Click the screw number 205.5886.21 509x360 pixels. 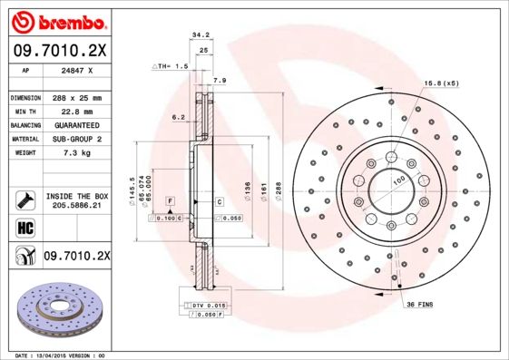pos(76,208)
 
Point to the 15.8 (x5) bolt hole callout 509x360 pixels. pos(440,83)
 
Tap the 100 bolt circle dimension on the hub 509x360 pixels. pos(397,181)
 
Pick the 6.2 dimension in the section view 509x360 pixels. pos(178,117)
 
